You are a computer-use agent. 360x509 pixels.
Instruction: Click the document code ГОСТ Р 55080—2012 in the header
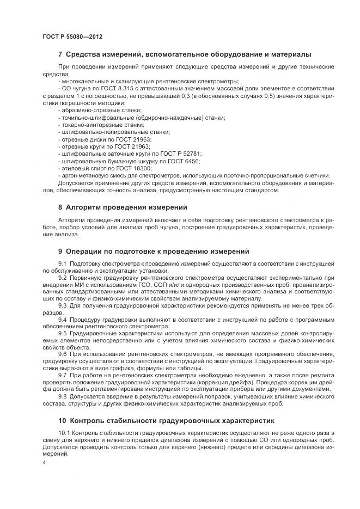pyautogui.click(x=72, y=36)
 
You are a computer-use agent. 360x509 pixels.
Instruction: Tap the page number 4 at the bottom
pyautogui.click(x=44, y=462)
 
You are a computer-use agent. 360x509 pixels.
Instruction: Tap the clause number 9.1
pyautogui.click(x=62, y=263)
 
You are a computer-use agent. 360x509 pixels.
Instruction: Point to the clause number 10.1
pyautogui.click(x=63, y=433)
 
